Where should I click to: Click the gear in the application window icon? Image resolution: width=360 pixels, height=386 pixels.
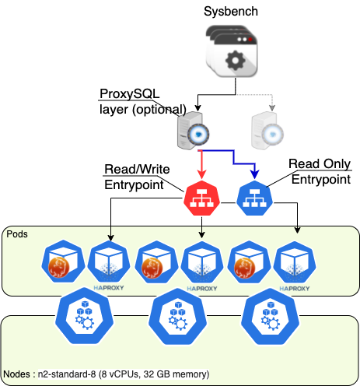click(x=232, y=59)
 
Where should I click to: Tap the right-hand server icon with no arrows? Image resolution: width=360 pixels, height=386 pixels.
click(x=266, y=132)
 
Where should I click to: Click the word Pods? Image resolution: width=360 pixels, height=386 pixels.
click(x=17, y=233)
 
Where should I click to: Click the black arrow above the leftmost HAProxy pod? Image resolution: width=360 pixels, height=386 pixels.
click(x=110, y=233)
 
